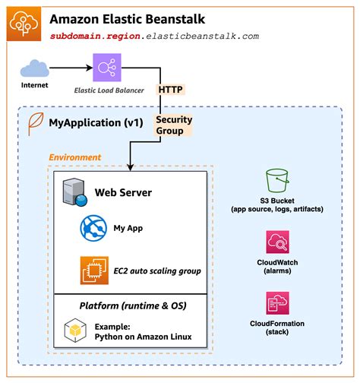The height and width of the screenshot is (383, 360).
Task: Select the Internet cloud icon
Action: click(x=33, y=69)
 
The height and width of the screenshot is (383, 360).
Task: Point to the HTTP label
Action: click(x=170, y=90)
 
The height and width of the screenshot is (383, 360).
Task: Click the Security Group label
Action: click(x=174, y=125)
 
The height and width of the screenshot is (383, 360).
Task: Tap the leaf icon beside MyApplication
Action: click(x=34, y=122)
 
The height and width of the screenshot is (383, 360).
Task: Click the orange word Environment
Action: click(x=74, y=157)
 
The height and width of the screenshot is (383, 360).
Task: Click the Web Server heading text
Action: click(x=123, y=192)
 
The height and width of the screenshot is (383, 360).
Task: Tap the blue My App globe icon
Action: click(x=93, y=226)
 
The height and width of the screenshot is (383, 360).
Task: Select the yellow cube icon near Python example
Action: click(x=74, y=331)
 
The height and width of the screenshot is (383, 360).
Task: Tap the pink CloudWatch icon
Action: click(x=277, y=243)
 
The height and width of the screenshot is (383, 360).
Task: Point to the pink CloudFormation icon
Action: click(x=277, y=304)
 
